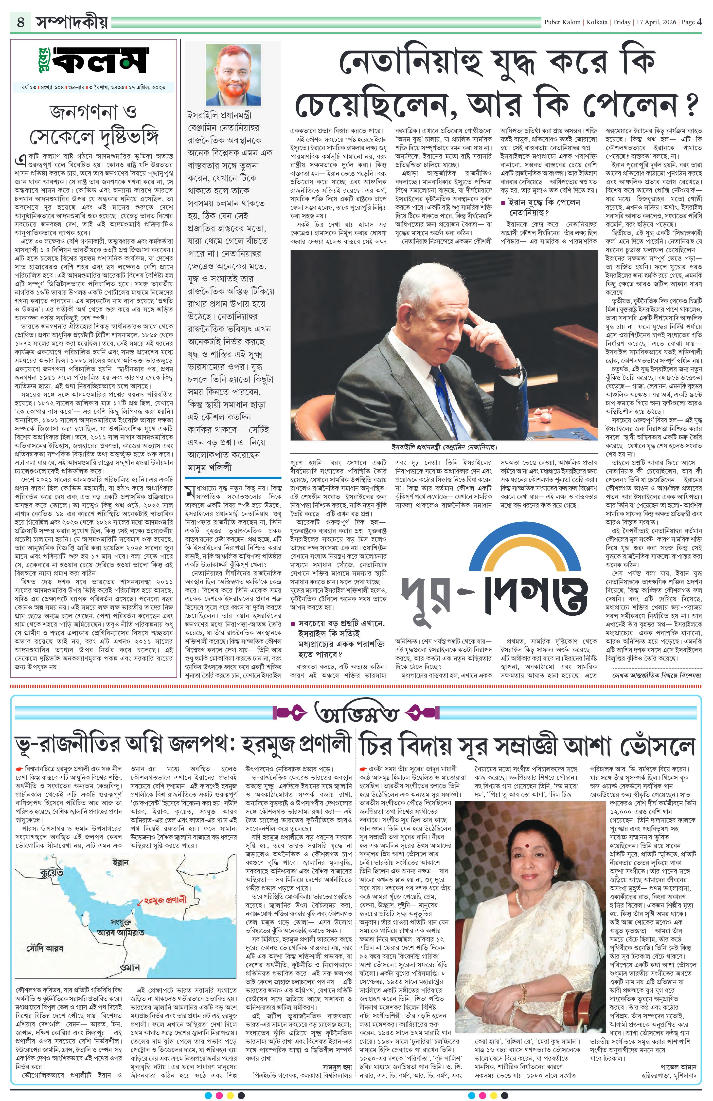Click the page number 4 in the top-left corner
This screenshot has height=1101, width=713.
[x=21, y=22]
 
